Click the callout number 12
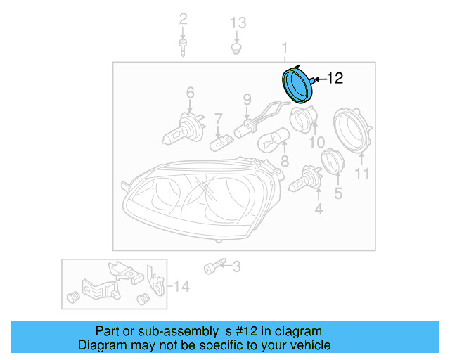pyautogui.click(x=335, y=78)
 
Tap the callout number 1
pyautogui.click(x=285, y=49)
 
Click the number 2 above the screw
pyautogui.click(x=183, y=19)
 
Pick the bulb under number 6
pyautogui.click(x=181, y=128)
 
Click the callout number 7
pyautogui.click(x=219, y=119)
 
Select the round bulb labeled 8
pyautogui.click(x=269, y=141)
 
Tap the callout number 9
pyautogui.click(x=247, y=99)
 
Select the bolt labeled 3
pyautogui.click(x=212, y=268)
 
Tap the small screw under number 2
pyautogui.click(x=183, y=47)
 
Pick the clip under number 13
pyautogui.click(x=238, y=49)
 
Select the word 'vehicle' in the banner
pyautogui.click(x=309, y=345)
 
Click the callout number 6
pyautogui.click(x=190, y=92)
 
